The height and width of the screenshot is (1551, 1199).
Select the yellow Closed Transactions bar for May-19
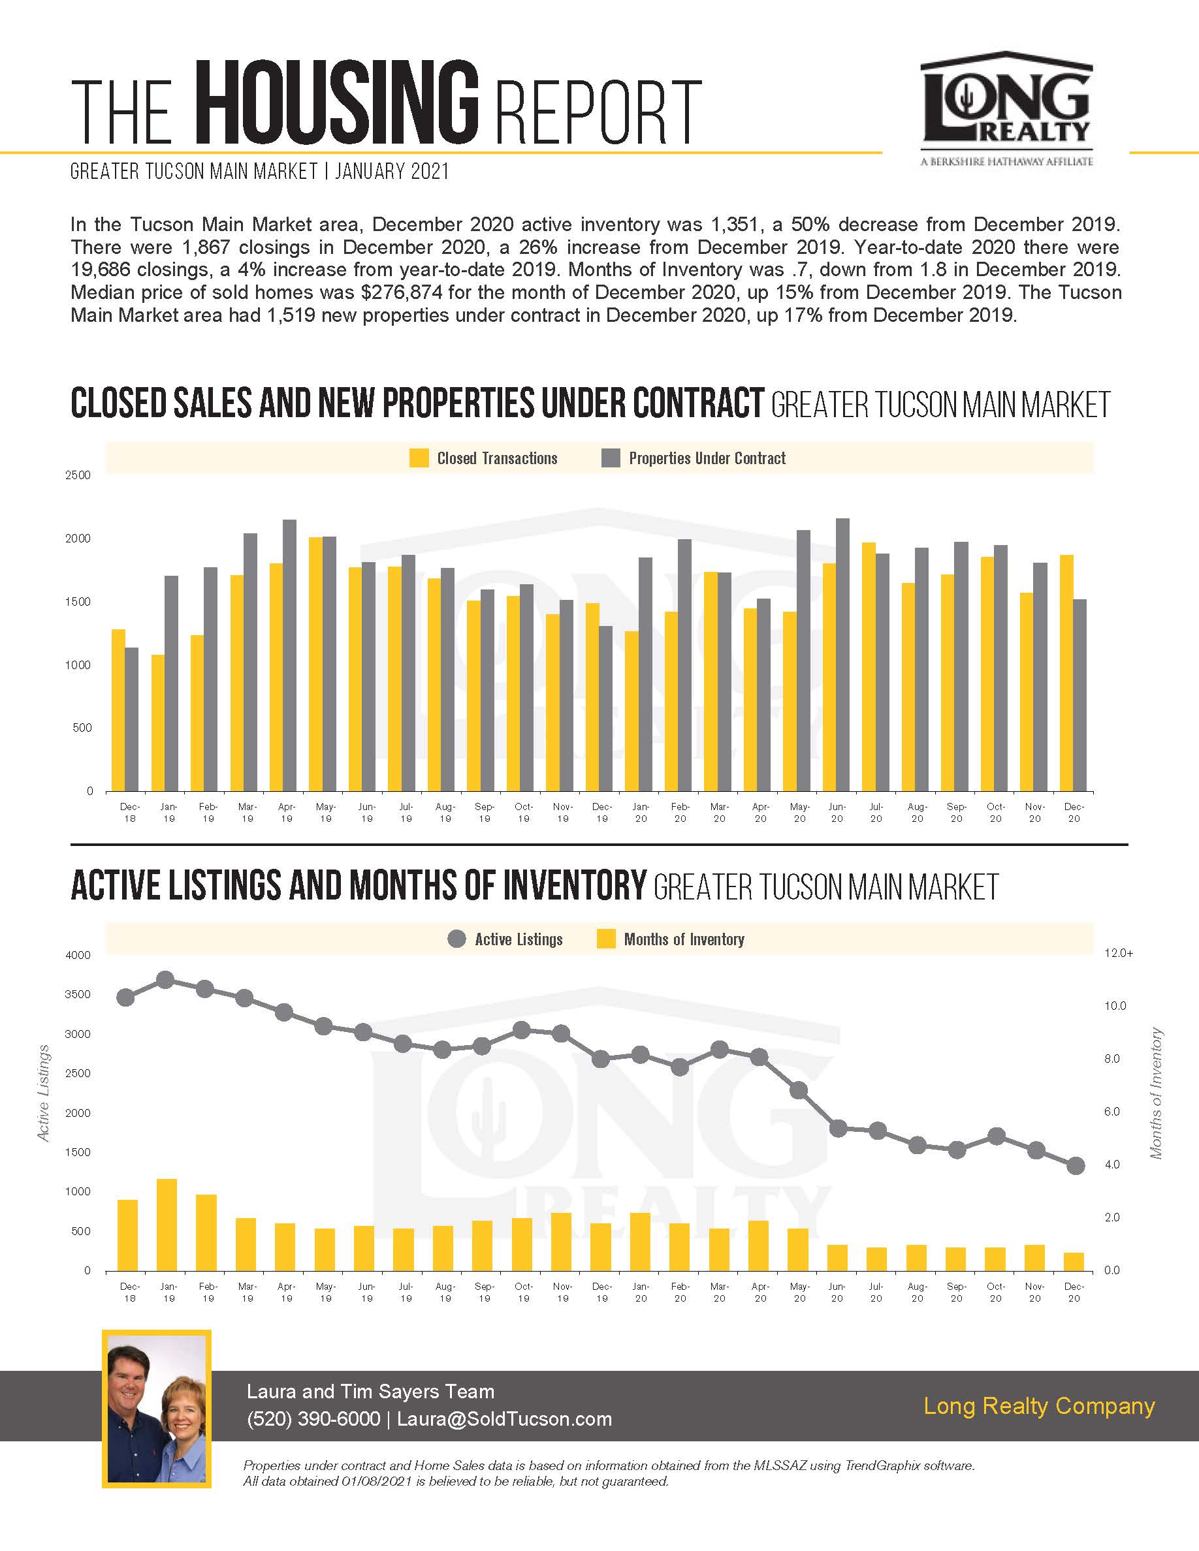[315, 664]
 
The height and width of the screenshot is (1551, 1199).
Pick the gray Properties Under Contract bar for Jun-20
[842, 655]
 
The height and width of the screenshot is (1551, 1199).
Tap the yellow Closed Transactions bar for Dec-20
[1066, 672]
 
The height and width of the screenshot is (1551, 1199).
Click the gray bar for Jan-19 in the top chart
[171, 683]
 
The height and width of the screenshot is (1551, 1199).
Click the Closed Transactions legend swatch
[419, 458]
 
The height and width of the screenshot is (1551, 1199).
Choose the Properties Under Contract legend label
[707, 458]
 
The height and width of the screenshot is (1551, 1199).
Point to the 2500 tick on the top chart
[78, 475]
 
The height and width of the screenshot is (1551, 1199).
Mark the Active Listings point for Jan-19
[165, 980]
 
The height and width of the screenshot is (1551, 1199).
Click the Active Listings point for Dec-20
[1076, 1165]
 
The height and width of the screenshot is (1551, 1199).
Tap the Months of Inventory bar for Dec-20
[1075, 1261]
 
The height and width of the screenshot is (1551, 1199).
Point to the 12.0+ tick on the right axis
[1119, 953]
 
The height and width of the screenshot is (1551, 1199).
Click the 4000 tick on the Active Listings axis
[78, 955]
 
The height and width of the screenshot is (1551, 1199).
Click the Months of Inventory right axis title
[1157, 1093]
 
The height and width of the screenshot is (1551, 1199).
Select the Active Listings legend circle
[456, 939]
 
